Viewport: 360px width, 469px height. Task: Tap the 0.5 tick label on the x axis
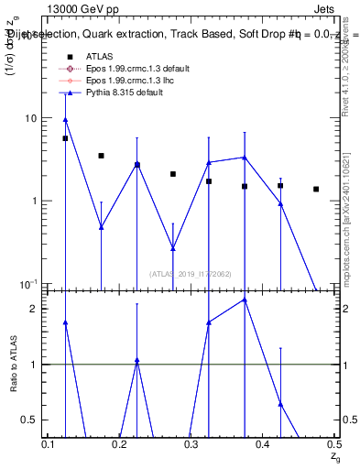[x=334, y=443]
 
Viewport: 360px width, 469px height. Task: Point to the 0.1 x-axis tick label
[x=49, y=443]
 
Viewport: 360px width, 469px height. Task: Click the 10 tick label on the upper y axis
[x=30, y=118]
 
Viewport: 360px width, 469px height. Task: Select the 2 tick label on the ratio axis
[x=35, y=309]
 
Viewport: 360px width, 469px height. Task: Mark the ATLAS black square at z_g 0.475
[x=316, y=190]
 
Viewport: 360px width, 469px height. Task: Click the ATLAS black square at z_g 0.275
[x=172, y=174]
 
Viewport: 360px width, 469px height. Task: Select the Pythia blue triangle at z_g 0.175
[x=101, y=227]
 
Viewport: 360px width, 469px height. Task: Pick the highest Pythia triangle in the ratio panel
[x=245, y=300]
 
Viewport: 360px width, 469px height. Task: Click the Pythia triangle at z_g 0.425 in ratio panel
[x=280, y=404]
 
